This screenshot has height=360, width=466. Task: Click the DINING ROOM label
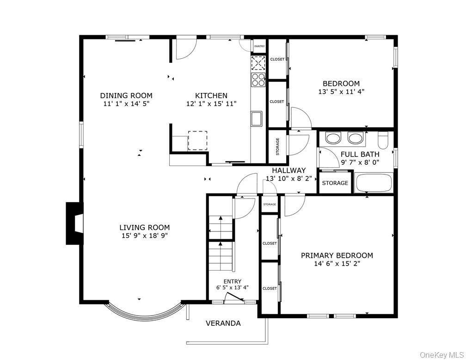pos(126,96)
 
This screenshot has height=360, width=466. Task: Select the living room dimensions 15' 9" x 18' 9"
pos(144,236)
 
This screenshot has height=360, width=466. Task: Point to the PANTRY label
pos(259,46)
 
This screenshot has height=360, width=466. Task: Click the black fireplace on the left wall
pos(74,223)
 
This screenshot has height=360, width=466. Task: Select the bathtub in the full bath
pos(374,183)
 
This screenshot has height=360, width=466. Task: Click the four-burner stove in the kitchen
pos(258,80)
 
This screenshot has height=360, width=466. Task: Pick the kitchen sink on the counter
pos(256,118)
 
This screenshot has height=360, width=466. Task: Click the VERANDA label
pos(223,323)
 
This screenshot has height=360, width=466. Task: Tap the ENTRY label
pos(232,281)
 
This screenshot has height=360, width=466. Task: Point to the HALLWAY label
pos(288,170)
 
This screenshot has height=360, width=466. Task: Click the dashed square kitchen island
pos(197,141)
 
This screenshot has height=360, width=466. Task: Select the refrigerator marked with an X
pos(258,62)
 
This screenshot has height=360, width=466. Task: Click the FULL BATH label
pos(360,155)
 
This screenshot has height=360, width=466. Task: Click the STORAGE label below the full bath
pos(335,183)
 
